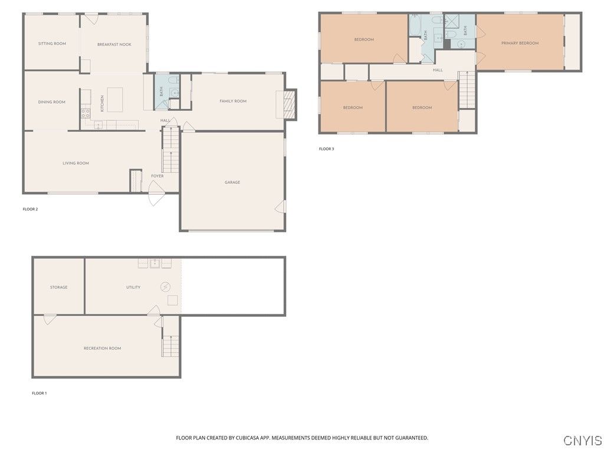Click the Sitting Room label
click(52, 44)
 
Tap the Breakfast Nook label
click(114, 44)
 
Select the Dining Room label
click(52, 102)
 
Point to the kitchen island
click(115, 100)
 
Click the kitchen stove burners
click(86, 113)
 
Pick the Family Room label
click(232, 101)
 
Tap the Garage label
click(232, 182)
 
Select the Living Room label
click(75, 163)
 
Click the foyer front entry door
click(156, 193)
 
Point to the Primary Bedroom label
click(520, 43)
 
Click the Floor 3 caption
click(326, 149)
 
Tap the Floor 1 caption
click(40, 393)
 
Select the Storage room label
click(58, 287)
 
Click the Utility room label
click(133, 287)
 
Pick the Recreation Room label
click(102, 348)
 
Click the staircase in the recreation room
click(170, 337)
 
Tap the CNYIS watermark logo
click(582, 440)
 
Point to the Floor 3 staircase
click(467, 90)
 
